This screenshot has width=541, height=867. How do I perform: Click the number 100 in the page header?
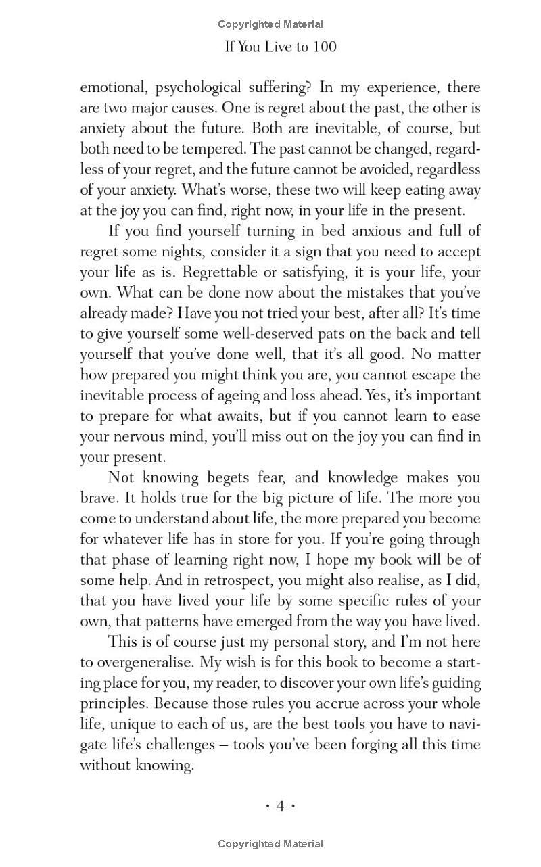[x=324, y=47]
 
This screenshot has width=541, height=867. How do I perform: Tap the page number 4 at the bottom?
[x=280, y=805]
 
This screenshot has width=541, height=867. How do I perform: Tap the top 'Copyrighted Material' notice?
[x=270, y=24]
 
